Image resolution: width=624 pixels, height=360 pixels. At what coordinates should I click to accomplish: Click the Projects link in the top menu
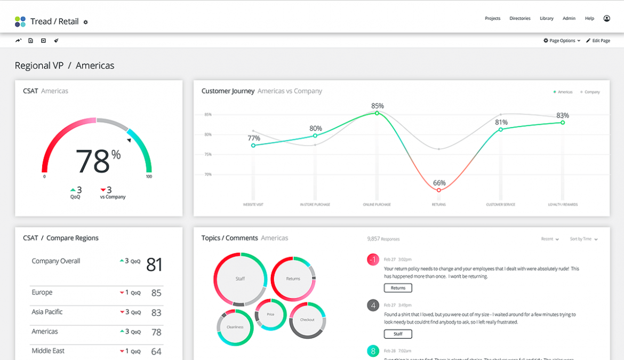492,19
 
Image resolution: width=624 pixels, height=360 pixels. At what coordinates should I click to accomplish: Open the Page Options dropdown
562,41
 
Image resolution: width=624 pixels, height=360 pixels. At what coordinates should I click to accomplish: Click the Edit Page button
598,41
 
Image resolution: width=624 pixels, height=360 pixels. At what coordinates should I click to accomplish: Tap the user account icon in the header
606,19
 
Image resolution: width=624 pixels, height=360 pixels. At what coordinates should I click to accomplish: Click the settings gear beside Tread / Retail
85,22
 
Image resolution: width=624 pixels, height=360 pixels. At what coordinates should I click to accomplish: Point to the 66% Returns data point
439,190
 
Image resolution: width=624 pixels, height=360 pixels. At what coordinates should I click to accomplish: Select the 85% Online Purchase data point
377,113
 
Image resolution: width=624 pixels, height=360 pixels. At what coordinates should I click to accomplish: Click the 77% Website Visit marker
253,145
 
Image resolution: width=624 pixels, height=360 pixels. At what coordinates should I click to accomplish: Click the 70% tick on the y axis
207,174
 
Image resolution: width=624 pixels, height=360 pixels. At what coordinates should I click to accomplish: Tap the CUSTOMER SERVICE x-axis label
500,205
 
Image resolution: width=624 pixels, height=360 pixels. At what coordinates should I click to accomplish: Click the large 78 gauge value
93,161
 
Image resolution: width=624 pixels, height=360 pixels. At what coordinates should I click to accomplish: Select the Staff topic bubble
240,279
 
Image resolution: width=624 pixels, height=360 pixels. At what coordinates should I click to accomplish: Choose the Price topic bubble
270,315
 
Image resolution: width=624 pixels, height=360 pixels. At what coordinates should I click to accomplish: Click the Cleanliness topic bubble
235,327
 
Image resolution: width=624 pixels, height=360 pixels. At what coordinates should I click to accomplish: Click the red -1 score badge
373,259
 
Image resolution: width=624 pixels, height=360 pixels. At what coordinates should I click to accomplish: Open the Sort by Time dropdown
583,239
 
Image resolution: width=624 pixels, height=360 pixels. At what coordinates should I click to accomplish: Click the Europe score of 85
156,293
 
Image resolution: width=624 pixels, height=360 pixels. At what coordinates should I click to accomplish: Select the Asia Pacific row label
47,312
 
